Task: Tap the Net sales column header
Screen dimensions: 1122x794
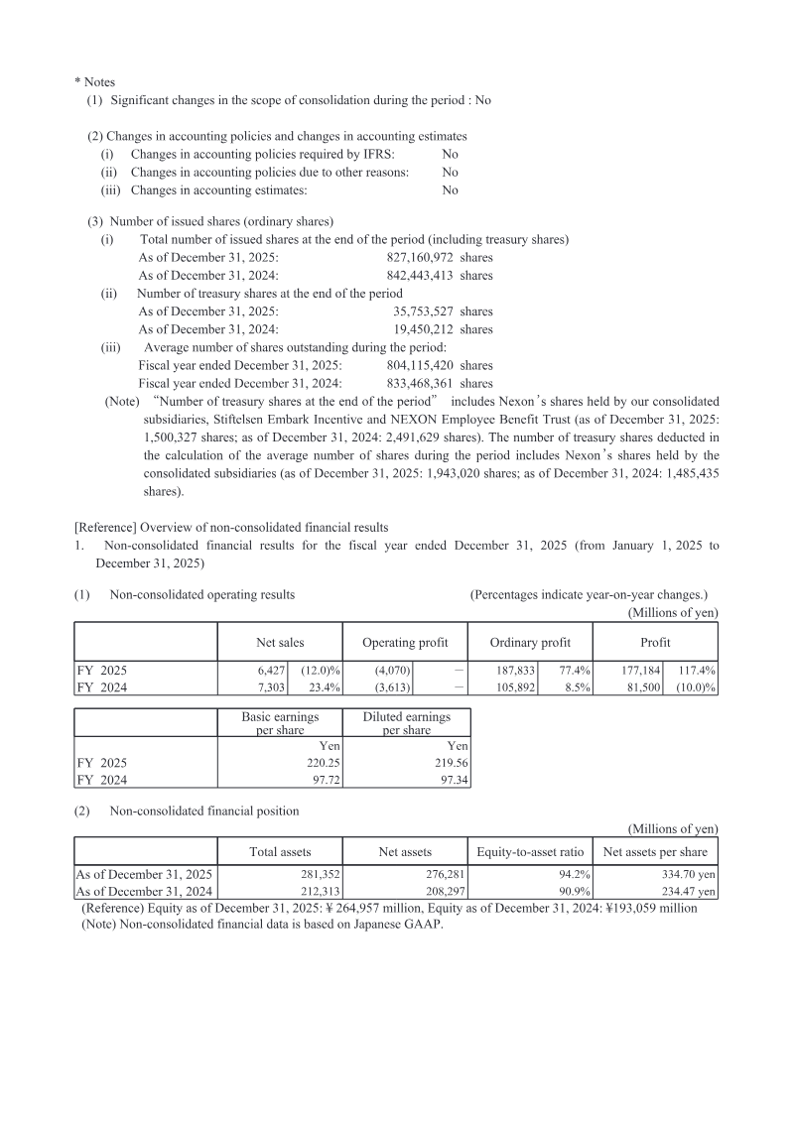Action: coord(280,643)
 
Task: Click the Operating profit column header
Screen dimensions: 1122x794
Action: coord(405,643)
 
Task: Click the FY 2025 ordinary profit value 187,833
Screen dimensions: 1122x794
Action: coord(515,671)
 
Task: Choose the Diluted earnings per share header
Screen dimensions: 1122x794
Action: coord(405,723)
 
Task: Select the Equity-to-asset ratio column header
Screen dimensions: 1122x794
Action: coord(530,851)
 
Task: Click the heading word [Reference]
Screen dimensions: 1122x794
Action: coord(106,527)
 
